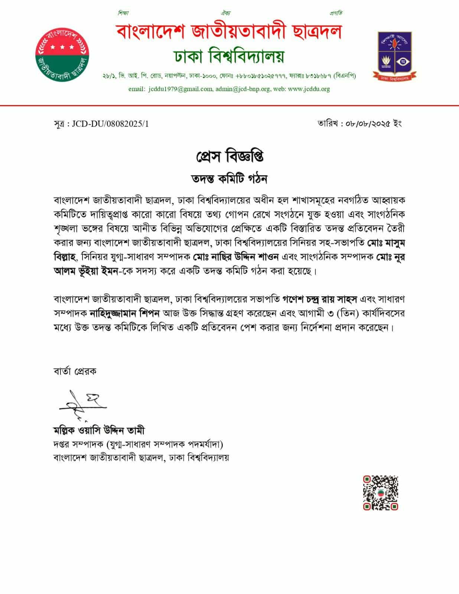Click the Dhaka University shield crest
(397, 56)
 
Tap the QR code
(380, 493)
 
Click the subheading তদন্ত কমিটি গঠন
(229, 179)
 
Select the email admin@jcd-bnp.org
(243, 89)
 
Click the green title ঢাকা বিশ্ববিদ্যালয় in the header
(229, 56)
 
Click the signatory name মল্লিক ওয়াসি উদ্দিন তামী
(99, 430)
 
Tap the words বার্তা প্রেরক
(75, 371)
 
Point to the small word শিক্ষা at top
(123, 13)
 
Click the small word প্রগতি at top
(336, 13)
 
